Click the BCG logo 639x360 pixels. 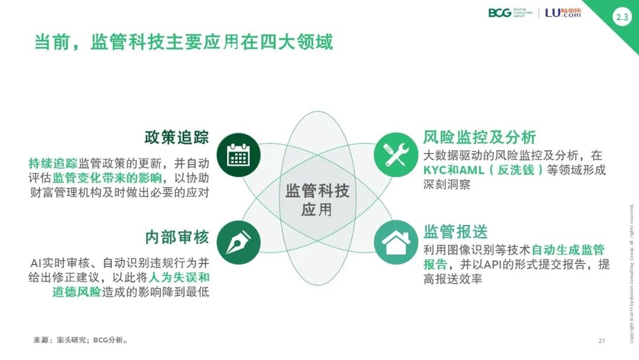click(510, 12)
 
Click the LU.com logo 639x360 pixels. click(563, 12)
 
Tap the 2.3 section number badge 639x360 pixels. click(622, 17)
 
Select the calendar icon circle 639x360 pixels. click(238, 155)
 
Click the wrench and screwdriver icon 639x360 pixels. click(396, 155)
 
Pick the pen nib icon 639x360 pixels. click(238, 243)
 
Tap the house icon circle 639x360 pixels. click(396, 243)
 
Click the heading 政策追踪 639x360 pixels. click(177, 137)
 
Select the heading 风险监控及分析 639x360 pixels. click(479, 137)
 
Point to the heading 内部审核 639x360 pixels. click(177, 237)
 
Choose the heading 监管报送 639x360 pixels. click(455, 232)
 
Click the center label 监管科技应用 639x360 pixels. click(317, 200)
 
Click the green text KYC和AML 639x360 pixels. click(454, 170)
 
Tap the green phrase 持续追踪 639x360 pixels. click(53, 163)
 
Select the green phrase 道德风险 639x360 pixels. click(76, 292)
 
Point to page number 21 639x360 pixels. click(602, 341)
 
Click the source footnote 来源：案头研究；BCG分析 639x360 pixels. click(80, 340)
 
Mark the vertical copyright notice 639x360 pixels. click(632, 273)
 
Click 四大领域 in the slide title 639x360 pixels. click(296, 42)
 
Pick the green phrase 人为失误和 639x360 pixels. click(179, 277)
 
